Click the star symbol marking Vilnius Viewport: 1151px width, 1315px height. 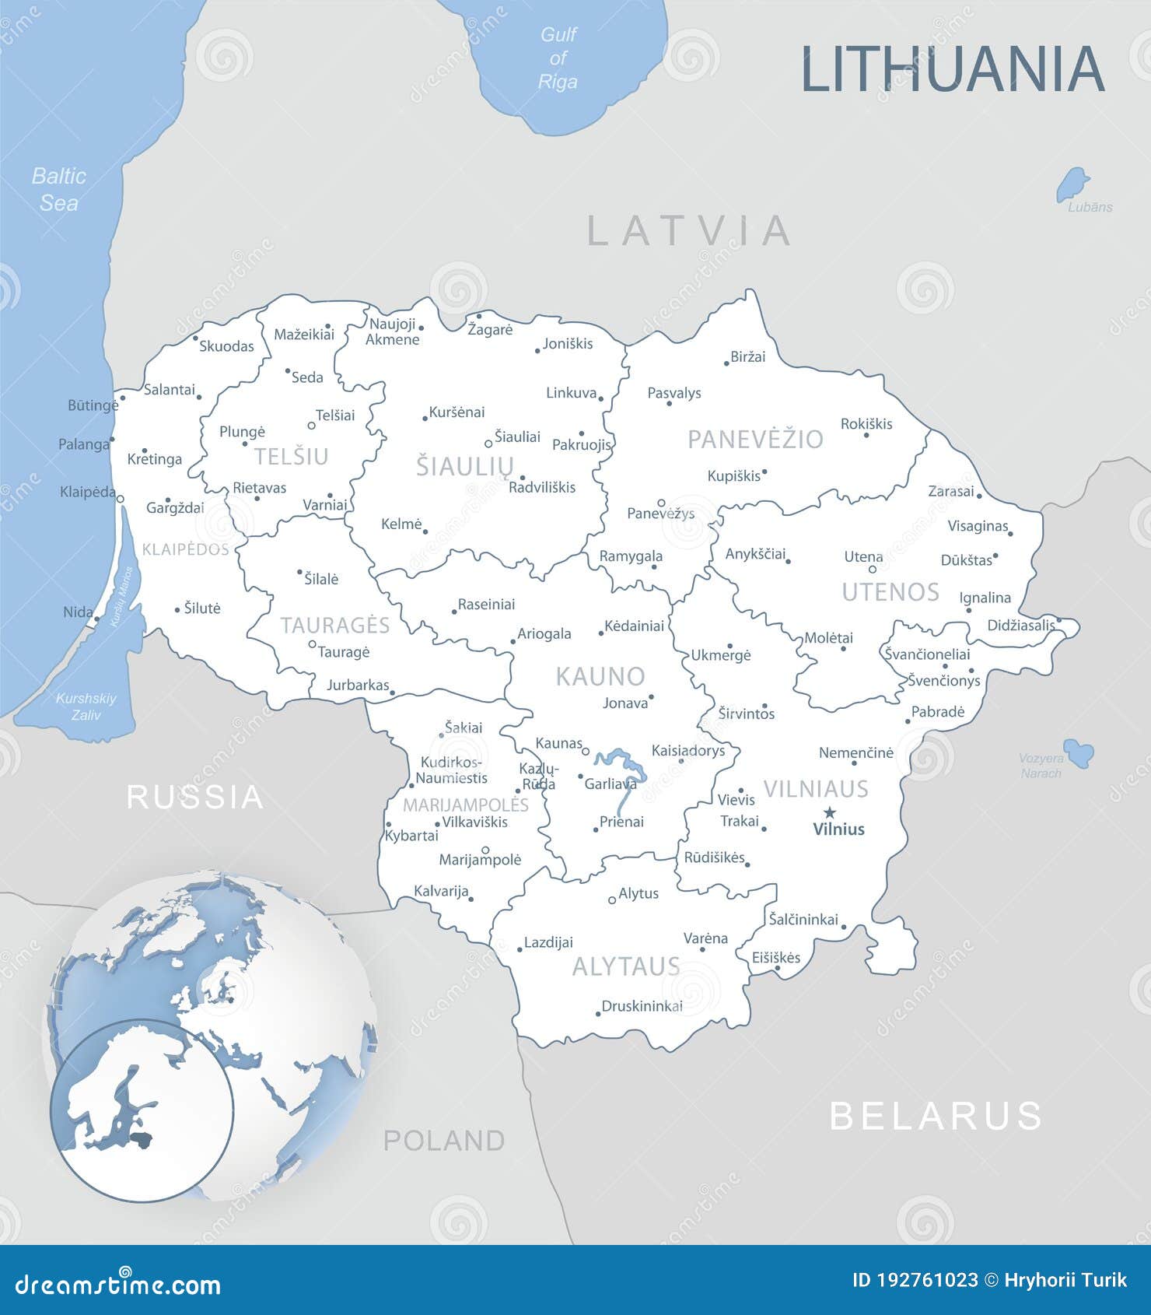point(830,812)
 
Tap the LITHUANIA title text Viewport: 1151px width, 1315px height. point(952,68)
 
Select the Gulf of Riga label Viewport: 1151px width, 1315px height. point(558,58)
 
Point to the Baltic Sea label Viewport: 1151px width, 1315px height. point(59,189)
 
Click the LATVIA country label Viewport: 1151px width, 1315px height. point(688,230)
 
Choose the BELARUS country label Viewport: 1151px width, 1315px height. point(936,1116)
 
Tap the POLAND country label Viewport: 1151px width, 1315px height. point(444,1141)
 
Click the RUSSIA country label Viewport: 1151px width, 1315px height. point(195,797)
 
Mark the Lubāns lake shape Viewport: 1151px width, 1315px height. point(1072,184)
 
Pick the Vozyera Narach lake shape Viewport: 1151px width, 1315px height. point(1079,752)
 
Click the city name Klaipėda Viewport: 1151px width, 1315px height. point(87,493)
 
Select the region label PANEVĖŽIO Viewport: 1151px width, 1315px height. point(755,440)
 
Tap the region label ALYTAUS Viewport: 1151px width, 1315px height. point(626,966)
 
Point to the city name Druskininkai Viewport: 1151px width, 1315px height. point(642,1006)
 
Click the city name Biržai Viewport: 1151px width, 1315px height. point(748,357)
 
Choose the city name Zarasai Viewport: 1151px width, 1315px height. point(950,492)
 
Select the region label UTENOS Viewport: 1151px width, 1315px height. point(890,592)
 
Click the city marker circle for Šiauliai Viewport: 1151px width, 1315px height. point(488,444)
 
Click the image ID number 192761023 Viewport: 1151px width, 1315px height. point(925,1281)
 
